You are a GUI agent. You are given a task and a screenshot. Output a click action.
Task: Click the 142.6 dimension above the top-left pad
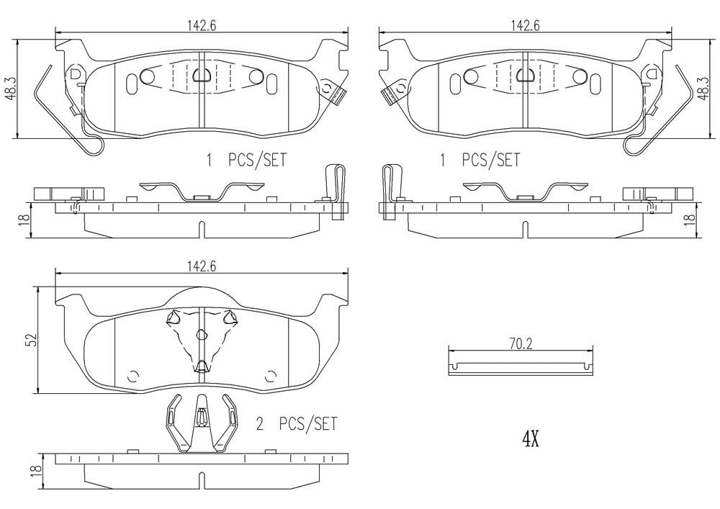pos(201,24)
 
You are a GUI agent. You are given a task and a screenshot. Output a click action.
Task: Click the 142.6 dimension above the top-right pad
pos(525,24)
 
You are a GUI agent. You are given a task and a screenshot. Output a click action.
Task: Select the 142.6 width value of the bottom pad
pos(201,265)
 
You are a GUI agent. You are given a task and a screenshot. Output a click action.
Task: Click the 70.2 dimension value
pos(520,345)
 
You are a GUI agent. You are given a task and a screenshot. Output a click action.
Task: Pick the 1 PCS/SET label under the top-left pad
pos(247,160)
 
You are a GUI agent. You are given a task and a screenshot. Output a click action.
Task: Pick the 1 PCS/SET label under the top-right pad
pos(480,160)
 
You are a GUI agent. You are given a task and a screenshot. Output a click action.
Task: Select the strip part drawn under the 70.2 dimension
pos(521,366)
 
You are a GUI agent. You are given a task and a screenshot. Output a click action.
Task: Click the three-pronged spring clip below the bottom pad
pos(200,425)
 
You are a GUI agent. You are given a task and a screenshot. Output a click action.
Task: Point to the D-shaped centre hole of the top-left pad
pos(200,74)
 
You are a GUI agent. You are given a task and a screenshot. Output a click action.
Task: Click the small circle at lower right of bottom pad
pos(271,374)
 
